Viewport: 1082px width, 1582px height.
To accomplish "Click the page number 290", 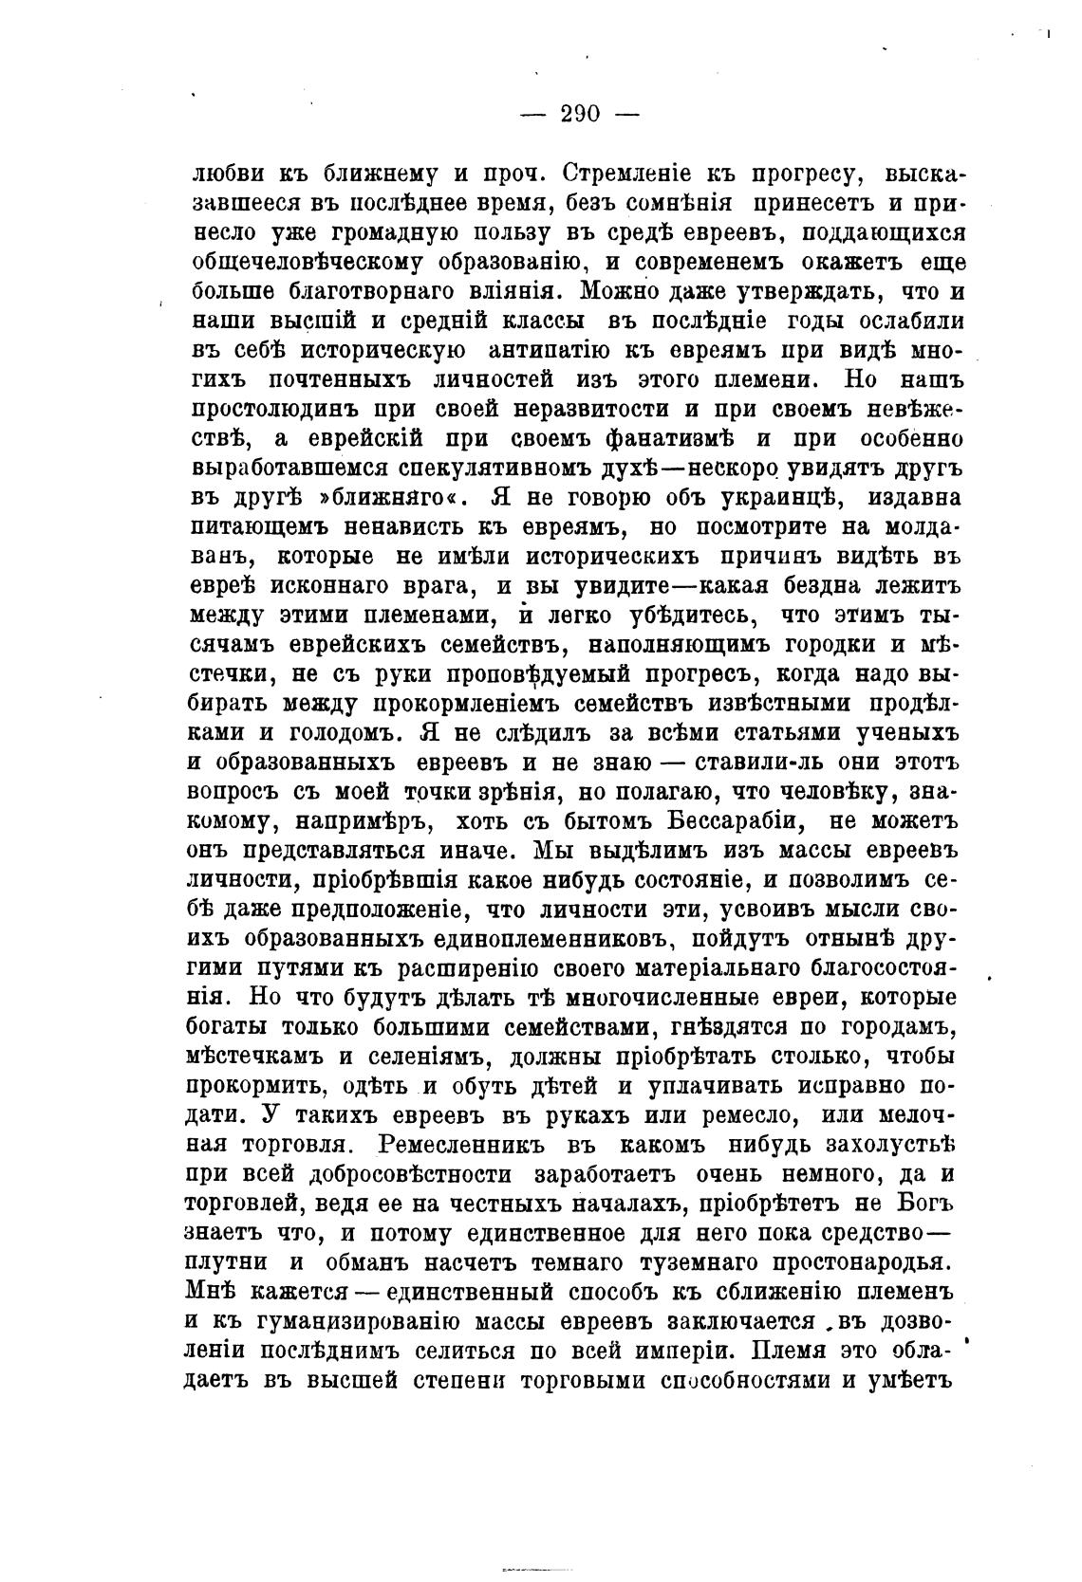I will pos(580,114).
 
